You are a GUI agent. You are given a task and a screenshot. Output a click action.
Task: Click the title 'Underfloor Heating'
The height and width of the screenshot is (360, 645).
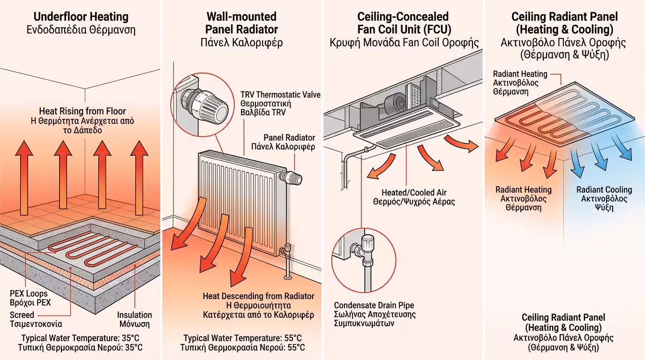(x=81, y=17)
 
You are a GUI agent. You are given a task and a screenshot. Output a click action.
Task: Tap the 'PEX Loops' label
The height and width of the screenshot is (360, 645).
(x=29, y=294)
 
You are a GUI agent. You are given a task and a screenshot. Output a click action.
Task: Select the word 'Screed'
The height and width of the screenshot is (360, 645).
(x=22, y=315)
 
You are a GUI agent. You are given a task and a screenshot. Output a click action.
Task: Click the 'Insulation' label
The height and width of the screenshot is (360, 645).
(x=135, y=315)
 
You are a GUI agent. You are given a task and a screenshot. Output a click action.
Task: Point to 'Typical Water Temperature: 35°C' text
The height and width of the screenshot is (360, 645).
(x=81, y=338)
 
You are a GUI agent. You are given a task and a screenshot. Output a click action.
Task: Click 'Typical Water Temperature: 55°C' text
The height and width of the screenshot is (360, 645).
(x=242, y=338)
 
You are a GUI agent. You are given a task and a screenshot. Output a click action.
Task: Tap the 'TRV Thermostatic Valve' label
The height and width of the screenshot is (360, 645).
(x=280, y=95)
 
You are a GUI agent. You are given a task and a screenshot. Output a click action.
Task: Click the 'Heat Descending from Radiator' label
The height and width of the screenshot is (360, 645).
(x=258, y=296)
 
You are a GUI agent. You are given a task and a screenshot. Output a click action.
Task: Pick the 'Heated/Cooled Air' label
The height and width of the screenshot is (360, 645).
(x=414, y=193)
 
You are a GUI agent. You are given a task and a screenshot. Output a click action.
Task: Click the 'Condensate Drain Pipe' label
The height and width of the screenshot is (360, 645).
(x=374, y=306)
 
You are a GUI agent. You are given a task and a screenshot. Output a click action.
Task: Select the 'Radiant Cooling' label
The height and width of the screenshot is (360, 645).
(x=604, y=190)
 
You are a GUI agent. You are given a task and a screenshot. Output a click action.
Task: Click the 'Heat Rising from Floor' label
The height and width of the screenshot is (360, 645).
(x=82, y=111)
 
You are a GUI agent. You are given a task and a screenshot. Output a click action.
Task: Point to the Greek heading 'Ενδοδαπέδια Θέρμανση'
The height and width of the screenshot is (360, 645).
(x=81, y=31)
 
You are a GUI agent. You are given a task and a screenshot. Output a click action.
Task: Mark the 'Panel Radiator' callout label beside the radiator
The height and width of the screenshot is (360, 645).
(x=289, y=138)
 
